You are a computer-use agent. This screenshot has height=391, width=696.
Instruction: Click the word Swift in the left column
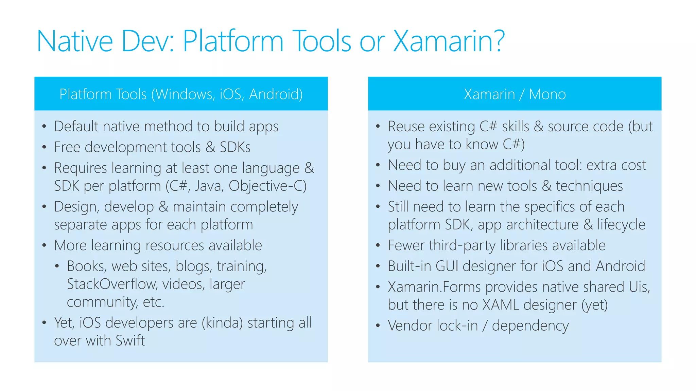(x=130, y=340)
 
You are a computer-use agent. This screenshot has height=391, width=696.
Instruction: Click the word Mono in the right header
(x=547, y=94)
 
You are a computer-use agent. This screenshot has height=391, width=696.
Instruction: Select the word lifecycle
(x=621, y=225)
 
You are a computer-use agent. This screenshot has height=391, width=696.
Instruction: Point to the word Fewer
(x=406, y=245)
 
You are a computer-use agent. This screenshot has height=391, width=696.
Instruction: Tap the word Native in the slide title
(x=74, y=41)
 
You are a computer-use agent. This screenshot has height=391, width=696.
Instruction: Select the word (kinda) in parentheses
(x=222, y=323)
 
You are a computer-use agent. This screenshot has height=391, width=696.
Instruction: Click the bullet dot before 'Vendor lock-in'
(x=378, y=325)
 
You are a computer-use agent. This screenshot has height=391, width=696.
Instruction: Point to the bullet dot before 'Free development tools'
(x=44, y=147)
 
